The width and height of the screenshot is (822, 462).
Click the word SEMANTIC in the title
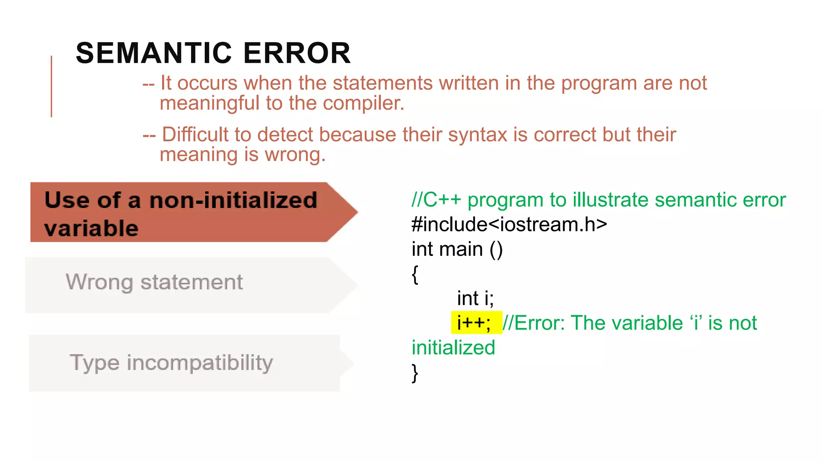[x=154, y=53]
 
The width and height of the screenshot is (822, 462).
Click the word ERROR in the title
[x=297, y=53]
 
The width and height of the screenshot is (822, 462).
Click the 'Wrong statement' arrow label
[x=154, y=282]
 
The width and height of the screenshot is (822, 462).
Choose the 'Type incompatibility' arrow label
[x=171, y=363]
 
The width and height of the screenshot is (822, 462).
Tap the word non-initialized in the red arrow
[x=233, y=200]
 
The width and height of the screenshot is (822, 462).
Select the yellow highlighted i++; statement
[x=474, y=323]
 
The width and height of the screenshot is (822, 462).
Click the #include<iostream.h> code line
[x=509, y=225]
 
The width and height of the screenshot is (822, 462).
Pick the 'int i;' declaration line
[x=475, y=298]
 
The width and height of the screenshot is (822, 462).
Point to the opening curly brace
[x=415, y=275]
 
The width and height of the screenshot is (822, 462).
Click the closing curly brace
[x=415, y=373]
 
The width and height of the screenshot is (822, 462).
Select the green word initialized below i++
[x=453, y=348]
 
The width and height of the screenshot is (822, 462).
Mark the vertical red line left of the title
[x=51, y=86]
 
